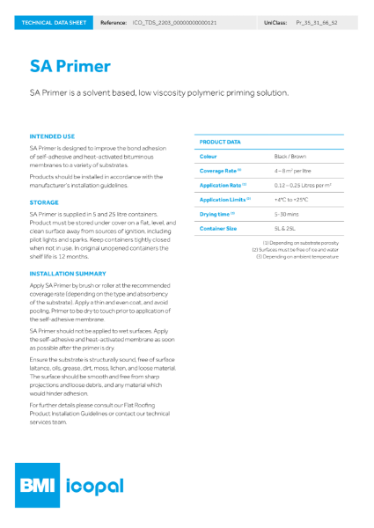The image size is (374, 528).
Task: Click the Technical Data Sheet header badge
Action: pos(54,21)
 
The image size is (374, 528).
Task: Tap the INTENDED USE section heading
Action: pos(52,136)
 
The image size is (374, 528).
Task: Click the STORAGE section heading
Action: pos(44,202)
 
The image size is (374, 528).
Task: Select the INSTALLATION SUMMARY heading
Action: pos(69,274)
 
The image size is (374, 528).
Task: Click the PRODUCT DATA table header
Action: pos(220,141)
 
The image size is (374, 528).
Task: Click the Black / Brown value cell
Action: pos(290,156)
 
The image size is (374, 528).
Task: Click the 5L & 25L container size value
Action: pos(286,229)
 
